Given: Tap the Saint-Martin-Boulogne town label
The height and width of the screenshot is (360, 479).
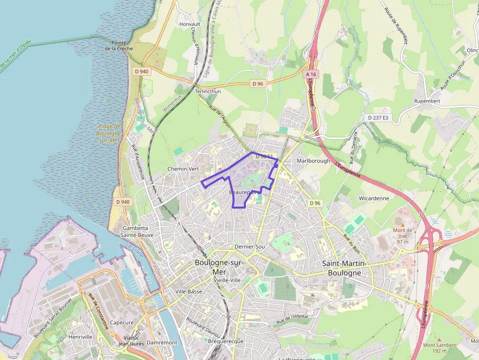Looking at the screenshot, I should click(345, 268).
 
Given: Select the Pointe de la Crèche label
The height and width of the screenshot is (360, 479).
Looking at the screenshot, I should click(119, 46).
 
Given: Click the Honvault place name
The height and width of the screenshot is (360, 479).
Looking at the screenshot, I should click(190, 24).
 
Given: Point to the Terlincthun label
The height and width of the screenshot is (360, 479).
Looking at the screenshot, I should click(208, 91).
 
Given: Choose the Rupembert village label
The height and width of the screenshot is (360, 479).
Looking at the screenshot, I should click(427, 101).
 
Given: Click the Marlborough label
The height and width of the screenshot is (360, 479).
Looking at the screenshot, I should click(313, 161).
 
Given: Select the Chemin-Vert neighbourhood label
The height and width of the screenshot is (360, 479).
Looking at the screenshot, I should click(183, 169).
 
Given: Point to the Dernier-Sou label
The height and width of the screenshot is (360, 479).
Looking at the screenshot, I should click(249, 247).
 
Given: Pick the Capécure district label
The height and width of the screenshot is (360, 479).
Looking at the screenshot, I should click(122, 322).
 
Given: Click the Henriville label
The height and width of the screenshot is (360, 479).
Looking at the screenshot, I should click(81, 337).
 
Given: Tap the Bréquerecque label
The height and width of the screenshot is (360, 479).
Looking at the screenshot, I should click(225, 341).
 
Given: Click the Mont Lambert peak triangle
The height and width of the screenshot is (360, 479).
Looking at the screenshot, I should click(439, 339).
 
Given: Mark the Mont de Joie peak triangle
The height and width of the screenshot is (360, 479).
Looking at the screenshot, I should click(403, 224).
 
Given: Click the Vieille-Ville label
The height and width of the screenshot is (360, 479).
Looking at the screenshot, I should click(227, 280).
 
